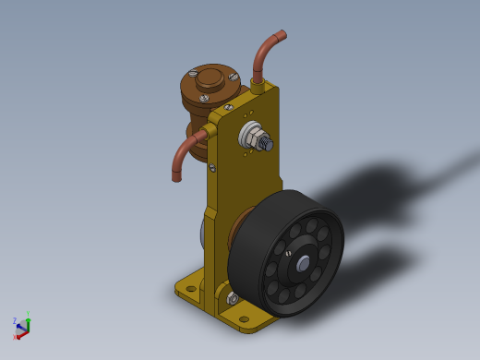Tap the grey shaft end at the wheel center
303,265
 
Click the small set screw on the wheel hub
288,253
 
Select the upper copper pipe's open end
281,35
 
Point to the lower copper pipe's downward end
177,176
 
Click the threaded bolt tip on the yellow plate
267,144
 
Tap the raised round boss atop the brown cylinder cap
210,77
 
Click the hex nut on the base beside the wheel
233,299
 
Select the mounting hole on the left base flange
191,288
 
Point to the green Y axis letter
28,314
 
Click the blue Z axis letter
15,320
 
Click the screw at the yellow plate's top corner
228,108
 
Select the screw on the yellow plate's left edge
211,168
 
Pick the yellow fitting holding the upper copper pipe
258,87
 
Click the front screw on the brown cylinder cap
204,98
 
